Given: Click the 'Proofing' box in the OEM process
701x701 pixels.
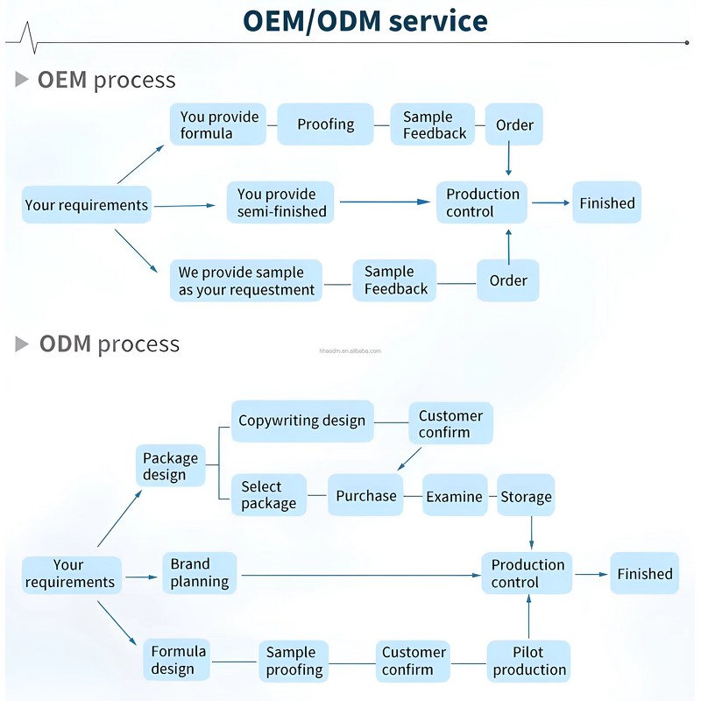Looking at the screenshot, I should coord(325,124).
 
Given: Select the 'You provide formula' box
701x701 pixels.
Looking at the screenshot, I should coord(218,124).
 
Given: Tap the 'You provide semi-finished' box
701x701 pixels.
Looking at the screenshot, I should coord(280,202).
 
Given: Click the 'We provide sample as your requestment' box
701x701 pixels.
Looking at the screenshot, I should coord(246,280).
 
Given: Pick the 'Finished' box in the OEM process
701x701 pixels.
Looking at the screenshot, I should coord(606,202).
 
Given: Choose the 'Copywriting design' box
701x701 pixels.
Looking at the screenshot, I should coord(302,421).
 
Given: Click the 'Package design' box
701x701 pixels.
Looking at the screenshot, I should coord(171,466).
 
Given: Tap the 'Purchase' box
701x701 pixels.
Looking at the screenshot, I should coord(366,495).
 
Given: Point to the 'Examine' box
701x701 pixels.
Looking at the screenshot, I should coord(455,496).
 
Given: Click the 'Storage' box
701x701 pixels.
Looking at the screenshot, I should coord(526,496).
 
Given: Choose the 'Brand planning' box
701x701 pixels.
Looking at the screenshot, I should coord(200,573).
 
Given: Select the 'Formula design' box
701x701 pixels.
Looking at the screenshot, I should coord(178,660).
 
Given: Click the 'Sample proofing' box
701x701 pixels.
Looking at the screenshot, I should coord(294,661).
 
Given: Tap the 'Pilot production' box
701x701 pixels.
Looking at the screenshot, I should coord(528,661).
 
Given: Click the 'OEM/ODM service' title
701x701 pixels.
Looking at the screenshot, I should coord(365,21).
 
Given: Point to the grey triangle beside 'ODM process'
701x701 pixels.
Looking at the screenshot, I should coord(22,343).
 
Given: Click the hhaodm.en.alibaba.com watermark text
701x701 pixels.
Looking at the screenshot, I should coord(350,350).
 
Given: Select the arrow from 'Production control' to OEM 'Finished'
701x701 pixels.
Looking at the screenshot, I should coord(550,202).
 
